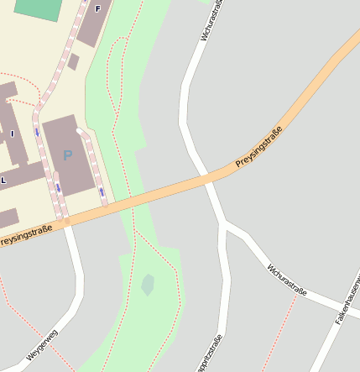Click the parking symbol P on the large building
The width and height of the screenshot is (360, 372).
point(67,155)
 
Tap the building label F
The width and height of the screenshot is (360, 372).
point(97,8)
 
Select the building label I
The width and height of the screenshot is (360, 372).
point(13,133)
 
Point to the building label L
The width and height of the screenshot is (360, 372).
point(3,181)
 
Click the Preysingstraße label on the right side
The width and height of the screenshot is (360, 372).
point(258,145)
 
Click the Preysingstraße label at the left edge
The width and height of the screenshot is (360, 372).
point(25,234)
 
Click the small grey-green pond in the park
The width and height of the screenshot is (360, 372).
point(149,285)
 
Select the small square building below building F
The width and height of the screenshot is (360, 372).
point(74,61)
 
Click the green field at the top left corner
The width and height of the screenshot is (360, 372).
point(39,8)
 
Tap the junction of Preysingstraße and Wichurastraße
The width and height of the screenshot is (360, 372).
point(206,179)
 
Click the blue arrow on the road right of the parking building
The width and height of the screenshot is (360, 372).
point(102,191)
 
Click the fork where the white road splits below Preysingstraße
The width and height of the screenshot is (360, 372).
point(224,224)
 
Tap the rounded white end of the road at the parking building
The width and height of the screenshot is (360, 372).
point(81,132)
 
